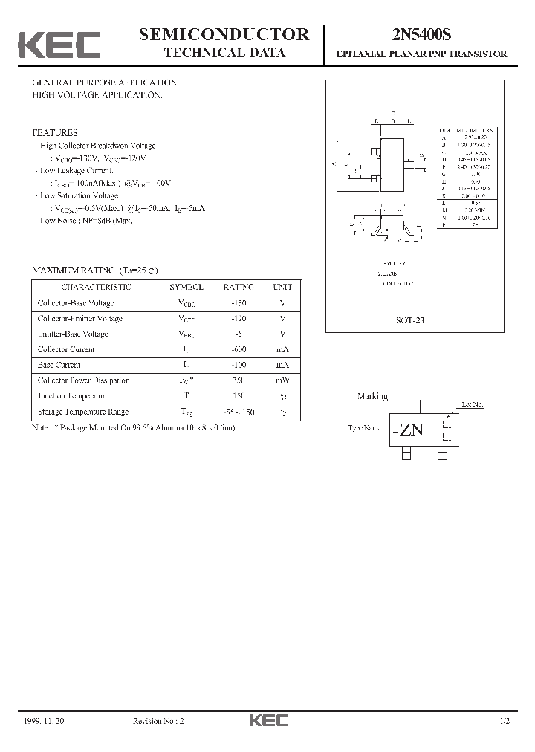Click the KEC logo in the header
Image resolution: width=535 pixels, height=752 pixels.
(59, 45)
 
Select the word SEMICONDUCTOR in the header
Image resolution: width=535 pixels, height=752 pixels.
(224, 34)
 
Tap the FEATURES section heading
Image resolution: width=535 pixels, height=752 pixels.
(54, 132)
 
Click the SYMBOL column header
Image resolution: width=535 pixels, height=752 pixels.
(186, 287)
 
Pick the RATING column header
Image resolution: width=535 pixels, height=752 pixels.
(239, 287)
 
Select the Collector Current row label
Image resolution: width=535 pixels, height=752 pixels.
(65, 349)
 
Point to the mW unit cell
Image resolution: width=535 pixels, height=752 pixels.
(282, 380)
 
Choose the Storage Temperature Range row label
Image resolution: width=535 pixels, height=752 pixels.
(82, 412)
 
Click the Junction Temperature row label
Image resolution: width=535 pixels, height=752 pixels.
(73, 396)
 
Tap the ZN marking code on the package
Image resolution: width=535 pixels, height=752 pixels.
(411, 430)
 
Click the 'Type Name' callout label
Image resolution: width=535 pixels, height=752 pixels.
(364, 429)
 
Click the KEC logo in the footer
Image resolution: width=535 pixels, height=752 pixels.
(267, 720)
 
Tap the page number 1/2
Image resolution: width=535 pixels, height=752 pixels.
(505, 721)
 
